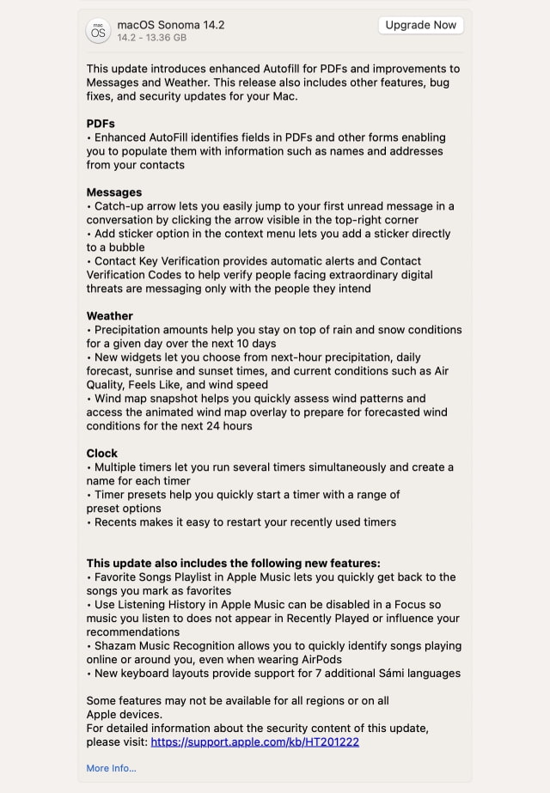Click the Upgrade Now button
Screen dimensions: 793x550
(420, 25)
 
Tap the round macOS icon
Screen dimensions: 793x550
(99, 31)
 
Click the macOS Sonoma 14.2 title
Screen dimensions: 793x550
(170, 25)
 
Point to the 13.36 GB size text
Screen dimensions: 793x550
(167, 38)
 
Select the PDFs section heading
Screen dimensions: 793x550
(101, 124)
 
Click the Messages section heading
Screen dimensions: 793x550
(114, 192)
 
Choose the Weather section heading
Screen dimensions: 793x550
(110, 316)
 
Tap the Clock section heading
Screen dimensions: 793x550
(102, 454)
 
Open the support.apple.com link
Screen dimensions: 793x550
(254, 742)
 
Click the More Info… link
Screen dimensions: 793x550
(111, 768)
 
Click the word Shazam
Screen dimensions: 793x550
(117, 646)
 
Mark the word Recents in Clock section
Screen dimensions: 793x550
(116, 522)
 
